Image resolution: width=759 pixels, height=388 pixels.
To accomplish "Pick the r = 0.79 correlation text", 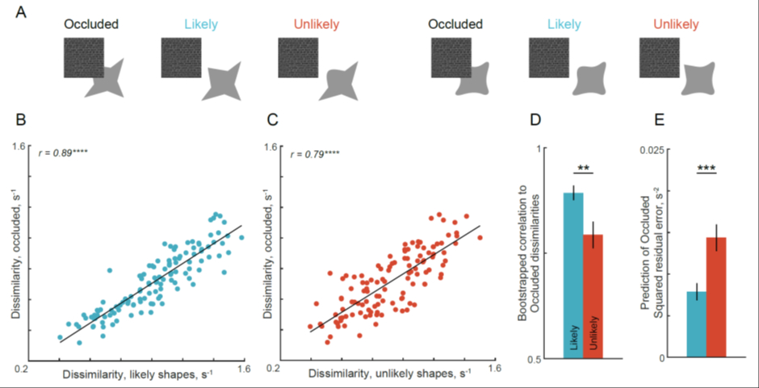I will pyautogui.click(x=319, y=150).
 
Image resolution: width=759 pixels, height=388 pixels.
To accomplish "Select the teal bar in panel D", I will pyautogui.click(x=573, y=274).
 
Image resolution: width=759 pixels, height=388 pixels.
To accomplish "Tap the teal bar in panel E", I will pyautogui.click(x=697, y=323).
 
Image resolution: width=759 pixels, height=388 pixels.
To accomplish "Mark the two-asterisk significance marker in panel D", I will pyautogui.click(x=583, y=167).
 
